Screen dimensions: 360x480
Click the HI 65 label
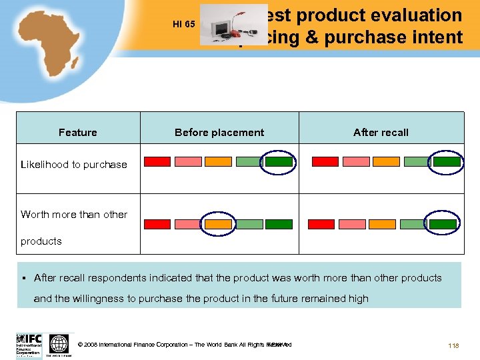(x=183, y=25)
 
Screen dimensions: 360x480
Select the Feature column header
(x=78, y=133)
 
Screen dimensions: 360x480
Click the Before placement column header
(x=219, y=133)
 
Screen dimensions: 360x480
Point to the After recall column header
(x=381, y=133)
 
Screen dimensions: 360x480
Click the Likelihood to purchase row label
(x=74, y=165)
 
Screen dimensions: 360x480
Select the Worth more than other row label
(x=74, y=215)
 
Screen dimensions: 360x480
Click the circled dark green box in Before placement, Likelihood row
(x=279, y=161)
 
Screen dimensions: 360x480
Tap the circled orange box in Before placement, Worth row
(x=218, y=225)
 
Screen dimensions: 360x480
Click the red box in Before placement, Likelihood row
(x=158, y=161)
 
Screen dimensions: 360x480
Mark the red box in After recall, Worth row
(x=325, y=225)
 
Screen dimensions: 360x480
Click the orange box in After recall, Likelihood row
(x=386, y=161)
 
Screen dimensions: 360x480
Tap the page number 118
(x=455, y=345)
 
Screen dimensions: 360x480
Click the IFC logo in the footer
(x=29, y=343)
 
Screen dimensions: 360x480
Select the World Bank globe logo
(x=59, y=344)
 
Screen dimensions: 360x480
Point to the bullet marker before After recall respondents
(x=23, y=278)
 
